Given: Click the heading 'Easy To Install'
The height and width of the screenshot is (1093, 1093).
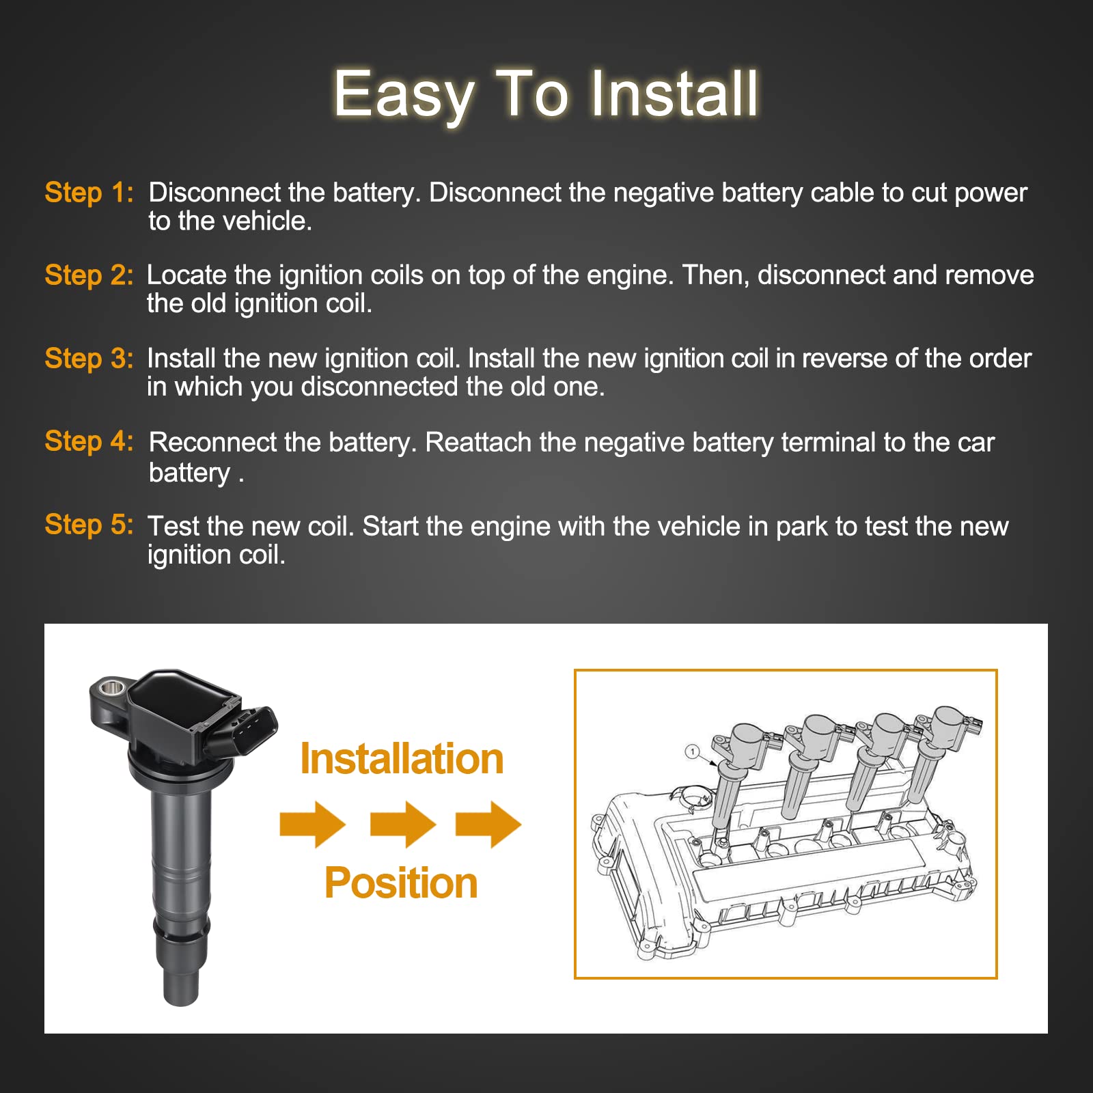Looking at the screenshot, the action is coord(546,94).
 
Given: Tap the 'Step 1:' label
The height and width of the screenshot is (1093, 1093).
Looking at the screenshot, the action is coord(89,193).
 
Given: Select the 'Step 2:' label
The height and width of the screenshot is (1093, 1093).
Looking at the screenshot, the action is coord(89,275).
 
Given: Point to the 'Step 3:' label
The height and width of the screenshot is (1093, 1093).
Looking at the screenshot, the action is coord(89,359).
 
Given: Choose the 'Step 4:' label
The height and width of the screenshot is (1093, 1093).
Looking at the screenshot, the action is coord(89,441).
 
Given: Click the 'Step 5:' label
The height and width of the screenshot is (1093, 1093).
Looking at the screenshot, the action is coord(89,525).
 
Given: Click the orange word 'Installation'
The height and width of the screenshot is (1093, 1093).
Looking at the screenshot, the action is coord(402,759).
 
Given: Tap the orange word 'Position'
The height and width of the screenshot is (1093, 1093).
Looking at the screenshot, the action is coord(401,883).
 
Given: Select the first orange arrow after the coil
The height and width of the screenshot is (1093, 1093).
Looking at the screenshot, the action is coord(313,825).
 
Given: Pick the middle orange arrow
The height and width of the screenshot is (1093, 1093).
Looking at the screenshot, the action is coord(403,825).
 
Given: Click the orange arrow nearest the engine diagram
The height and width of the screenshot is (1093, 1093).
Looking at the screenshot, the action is coord(488,825).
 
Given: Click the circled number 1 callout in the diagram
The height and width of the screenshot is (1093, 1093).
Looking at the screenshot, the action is coord(693,752).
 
